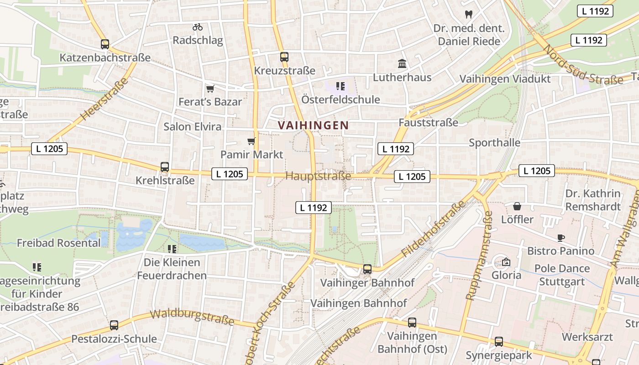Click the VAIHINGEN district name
coord(313,125)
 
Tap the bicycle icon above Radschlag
coord(198,27)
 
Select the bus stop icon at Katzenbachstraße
coord(105,44)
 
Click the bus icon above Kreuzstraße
coord(284,57)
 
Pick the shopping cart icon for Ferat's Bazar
coord(210,89)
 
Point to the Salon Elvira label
coord(192,126)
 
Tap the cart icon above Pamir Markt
coord(251,141)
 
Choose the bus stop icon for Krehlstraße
coord(165,167)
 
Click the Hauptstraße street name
coord(318,176)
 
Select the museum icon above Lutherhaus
coord(402,64)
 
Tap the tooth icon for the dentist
coord(468,14)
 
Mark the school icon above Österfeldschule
coord(340,86)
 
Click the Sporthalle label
coord(494,143)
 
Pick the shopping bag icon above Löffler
coord(517,206)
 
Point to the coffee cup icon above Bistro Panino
coord(561,238)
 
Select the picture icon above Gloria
coord(506,262)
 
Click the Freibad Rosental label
coord(58,243)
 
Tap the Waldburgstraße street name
coord(192,317)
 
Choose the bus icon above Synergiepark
coord(499,342)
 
